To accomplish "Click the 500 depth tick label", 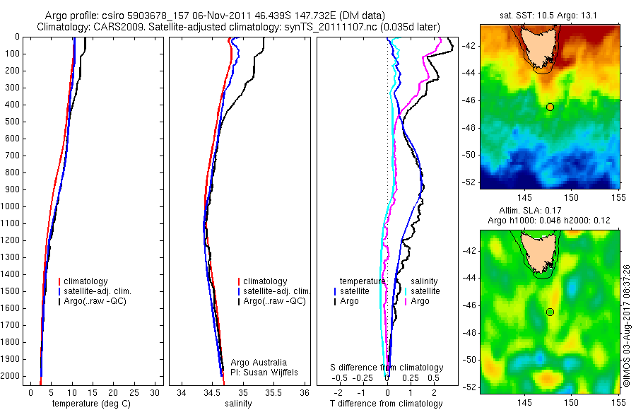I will pyautogui.click(x=11, y=122).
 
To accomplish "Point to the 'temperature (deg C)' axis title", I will pyautogui.click(x=90, y=404).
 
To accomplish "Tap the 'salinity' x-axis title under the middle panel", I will pyautogui.click(x=238, y=404).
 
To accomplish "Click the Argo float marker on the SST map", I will pyautogui.click(x=550, y=107).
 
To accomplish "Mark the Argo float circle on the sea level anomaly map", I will pyautogui.click(x=550, y=312).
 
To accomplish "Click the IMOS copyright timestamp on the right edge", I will pyautogui.click(x=627, y=325).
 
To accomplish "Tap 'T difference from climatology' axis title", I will pyautogui.click(x=386, y=404).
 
